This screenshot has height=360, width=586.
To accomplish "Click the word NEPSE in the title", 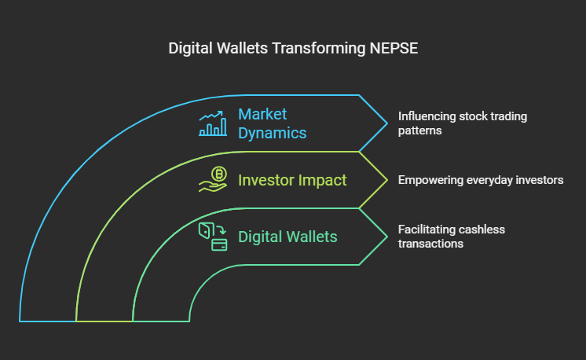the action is (x=394, y=48).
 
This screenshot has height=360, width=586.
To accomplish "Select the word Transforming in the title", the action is (x=318, y=49).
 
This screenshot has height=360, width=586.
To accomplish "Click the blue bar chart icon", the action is (x=213, y=123).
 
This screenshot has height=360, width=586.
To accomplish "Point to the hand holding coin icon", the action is (x=213, y=179).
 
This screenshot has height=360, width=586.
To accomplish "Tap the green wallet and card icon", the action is (x=213, y=237).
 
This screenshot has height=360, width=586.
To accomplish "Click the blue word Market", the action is (x=262, y=114).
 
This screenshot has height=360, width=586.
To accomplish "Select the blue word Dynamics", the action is (x=273, y=133).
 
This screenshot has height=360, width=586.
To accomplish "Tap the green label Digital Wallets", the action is (x=288, y=237).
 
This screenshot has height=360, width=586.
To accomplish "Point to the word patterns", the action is (x=419, y=130).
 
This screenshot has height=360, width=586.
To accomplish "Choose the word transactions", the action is (x=430, y=244).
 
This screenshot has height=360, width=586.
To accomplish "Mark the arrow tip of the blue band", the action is (x=387, y=123).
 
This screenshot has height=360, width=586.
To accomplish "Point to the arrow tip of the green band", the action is (x=387, y=237).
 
